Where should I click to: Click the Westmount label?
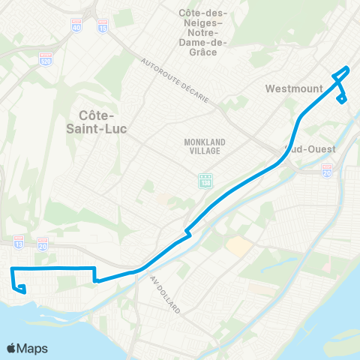[x=294, y=88]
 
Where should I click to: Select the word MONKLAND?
[x=204, y=141]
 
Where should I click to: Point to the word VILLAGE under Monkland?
[x=204, y=151]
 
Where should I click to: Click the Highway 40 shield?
[x=77, y=26]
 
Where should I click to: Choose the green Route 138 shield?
[x=205, y=181]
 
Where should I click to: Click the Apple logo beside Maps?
[x=12, y=348]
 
